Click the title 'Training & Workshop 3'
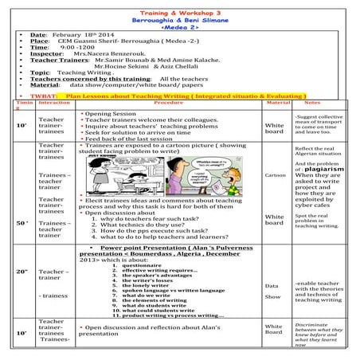tap(180, 5)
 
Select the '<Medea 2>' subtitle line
tap(180, 24)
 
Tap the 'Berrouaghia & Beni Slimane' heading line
tap(180, 14)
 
